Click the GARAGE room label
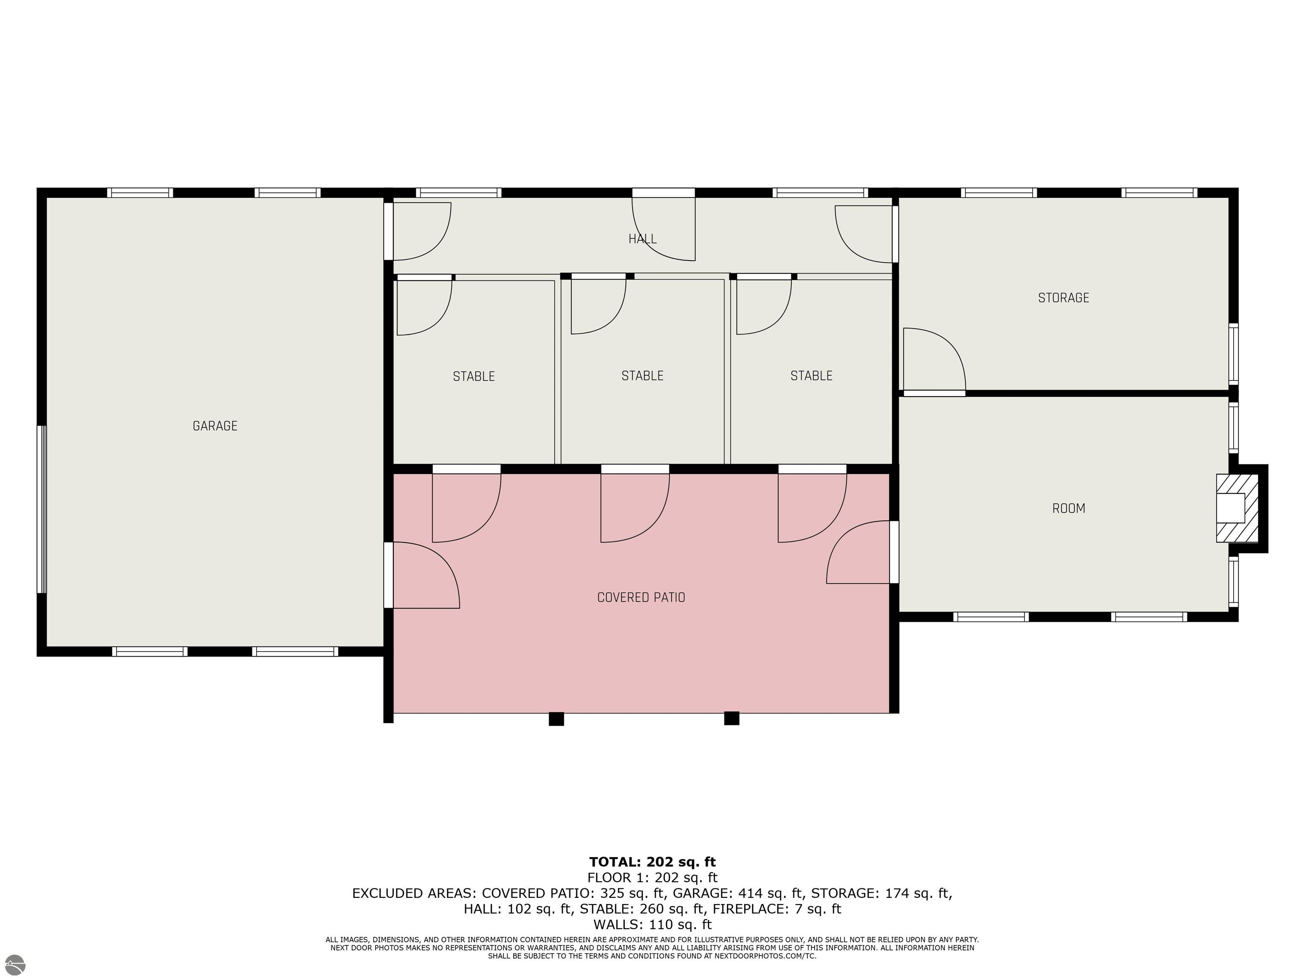coord(215,426)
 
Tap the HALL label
coord(642,239)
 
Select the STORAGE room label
coord(1064,298)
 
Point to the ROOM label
coord(1068,508)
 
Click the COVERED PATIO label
coord(641,597)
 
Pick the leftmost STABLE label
coord(474,376)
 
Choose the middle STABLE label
coord(642,376)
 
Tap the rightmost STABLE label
coord(811,376)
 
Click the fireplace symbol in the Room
coord(1237,508)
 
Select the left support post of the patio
coord(556,719)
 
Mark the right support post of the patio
coord(732,718)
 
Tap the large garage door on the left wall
coord(41,509)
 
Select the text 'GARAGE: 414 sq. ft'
coord(738,893)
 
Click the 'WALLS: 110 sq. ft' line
coord(652,925)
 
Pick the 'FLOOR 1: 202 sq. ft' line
coord(652,878)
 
